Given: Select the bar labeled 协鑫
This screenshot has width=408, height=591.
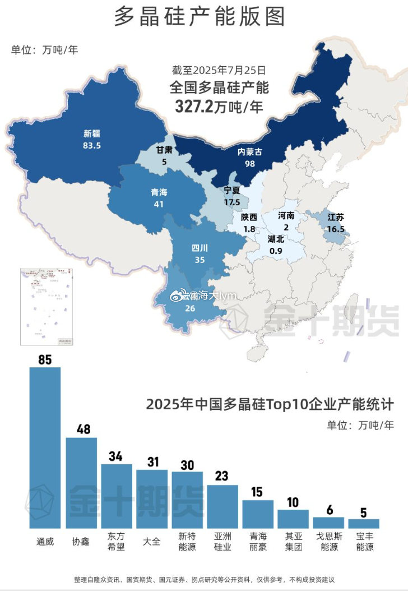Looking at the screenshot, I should click(x=81, y=482).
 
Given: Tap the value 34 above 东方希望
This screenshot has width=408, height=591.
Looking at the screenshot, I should click(x=116, y=456).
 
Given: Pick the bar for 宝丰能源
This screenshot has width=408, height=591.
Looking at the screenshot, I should click(x=364, y=523).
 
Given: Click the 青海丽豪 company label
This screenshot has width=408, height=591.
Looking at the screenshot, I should click(x=258, y=542).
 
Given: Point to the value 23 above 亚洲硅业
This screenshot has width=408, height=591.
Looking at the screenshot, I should click(x=222, y=476).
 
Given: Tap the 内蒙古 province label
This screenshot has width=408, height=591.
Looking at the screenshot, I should click(x=250, y=152).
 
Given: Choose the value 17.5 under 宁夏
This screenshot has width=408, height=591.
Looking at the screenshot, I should click(x=231, y=202).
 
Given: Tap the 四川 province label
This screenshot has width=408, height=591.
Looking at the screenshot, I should click(x=200, y=248).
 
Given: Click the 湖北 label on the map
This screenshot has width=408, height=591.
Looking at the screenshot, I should click(x=276, y=239).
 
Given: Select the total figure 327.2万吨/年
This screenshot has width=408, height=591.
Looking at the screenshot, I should click(x=219, y=107).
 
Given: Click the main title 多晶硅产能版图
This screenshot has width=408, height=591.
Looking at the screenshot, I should click(x=199, y=17).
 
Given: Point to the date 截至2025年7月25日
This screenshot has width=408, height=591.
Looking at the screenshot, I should click(x=219, y=71).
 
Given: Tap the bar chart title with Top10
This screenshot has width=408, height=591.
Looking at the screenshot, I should click(x=270, y=404).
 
